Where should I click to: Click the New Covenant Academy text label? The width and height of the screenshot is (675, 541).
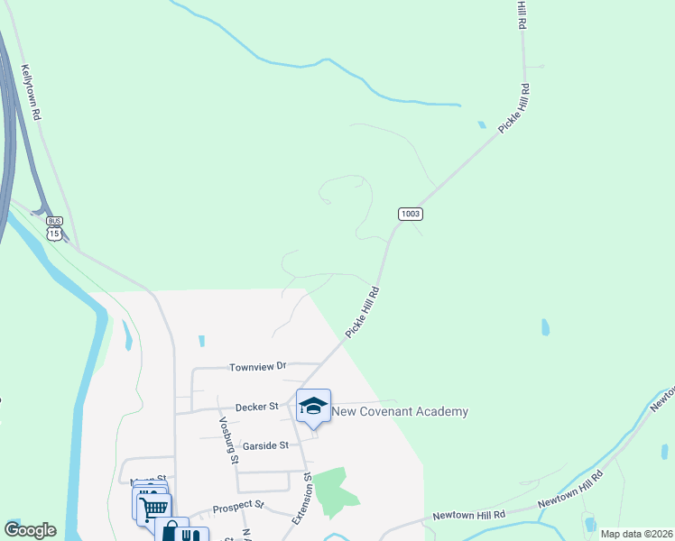tap(401, 412)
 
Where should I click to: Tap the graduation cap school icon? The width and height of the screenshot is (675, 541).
tap(313, 407)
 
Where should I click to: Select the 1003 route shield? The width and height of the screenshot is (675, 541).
tap(410, 214)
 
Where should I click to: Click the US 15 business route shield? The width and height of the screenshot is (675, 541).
tap(55, 227)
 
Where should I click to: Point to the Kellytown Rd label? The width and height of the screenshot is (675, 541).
tap(32, 93)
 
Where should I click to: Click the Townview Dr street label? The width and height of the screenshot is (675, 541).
tap(257, 367)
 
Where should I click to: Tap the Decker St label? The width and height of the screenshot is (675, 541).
tap(256, 408)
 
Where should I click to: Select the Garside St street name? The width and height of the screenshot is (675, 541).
tap(264, 445)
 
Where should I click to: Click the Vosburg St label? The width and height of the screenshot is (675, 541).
tap(227, 439)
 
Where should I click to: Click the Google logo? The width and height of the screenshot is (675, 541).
tap(30, 530)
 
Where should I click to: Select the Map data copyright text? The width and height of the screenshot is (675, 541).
tap(637, 534)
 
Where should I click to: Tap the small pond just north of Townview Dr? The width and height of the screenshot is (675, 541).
tap(201, 341)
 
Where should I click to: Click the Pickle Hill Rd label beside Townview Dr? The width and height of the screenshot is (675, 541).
tap(361, 312)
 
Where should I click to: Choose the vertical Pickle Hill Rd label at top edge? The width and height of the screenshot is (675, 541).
tap(522, 15)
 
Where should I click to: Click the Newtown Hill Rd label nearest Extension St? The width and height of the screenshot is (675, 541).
tap(467, 514)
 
